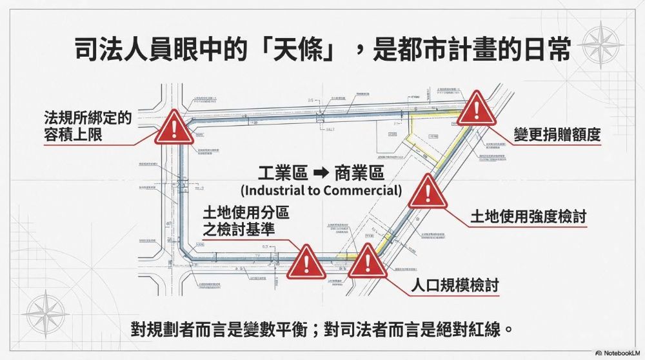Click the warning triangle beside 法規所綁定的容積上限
pos(174,128)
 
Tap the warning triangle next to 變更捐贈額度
pos(477,110)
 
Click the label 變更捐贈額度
pos(557,135)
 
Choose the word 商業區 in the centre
pos(359,174)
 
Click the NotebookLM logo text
pos(621,353)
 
